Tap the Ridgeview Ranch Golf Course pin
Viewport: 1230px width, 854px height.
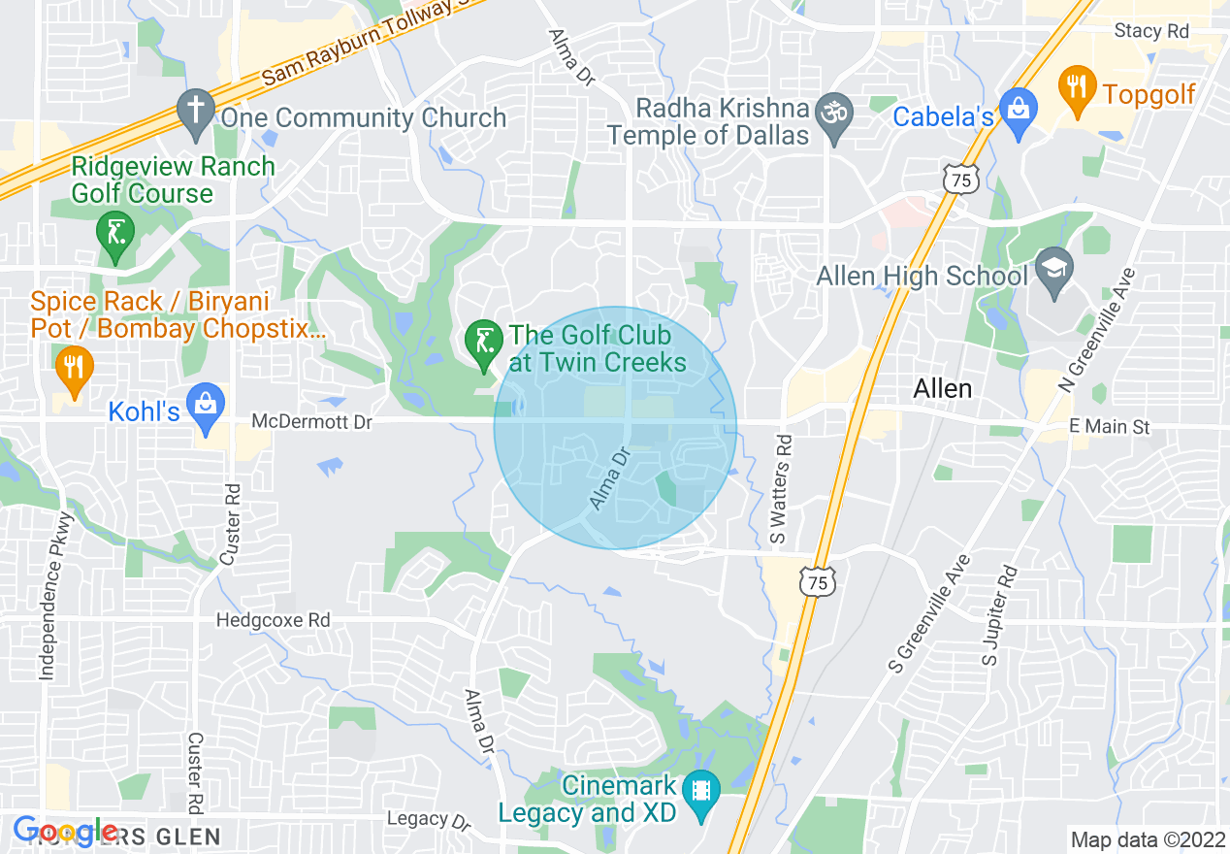coord(115,236)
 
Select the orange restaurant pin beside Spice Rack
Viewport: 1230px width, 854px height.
coord(74,371)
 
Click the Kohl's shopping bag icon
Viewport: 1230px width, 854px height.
coord(206,408)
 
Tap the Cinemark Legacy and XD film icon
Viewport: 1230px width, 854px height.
coord(699,795)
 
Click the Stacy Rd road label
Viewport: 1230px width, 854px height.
coord(1151,31)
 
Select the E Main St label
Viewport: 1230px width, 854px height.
coord(1111,426)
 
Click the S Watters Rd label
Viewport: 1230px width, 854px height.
coord(783,489)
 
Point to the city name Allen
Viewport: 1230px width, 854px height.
coord(942,389)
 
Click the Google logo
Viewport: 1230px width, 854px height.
coord(65,832)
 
